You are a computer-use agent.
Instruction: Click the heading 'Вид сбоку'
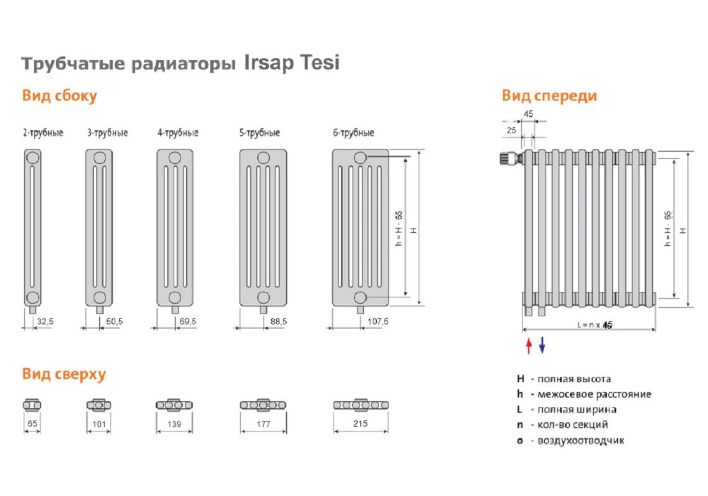(60, 96)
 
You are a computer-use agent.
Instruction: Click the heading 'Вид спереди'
(549, 95)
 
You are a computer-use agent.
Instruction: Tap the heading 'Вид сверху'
(64, 374)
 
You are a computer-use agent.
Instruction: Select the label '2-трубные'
(43, 133)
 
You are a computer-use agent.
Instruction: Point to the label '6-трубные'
(353, 133)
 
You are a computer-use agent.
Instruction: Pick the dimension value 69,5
(186, 321)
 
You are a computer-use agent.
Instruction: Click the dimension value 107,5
(378, 321)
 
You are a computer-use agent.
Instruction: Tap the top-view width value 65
(32, 425)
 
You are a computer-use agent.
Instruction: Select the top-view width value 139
(175, 425)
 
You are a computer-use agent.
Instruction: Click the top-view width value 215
(360, 424)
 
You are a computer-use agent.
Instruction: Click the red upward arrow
(529, 345)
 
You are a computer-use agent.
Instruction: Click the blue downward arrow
(542, 345)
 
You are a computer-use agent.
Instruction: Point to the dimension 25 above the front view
(511, 130)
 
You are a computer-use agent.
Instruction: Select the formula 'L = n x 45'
(594, 325)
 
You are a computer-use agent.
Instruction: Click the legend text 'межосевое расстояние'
(594, 394)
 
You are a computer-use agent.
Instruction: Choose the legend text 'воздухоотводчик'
(580, 441)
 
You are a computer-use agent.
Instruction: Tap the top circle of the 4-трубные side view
(175, 157)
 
